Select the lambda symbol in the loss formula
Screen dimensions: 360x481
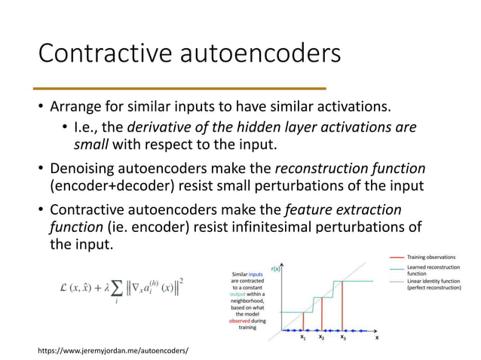(x=108, y=287)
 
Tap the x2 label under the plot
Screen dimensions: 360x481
(x=322, y=338)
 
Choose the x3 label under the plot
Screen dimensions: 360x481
(x=343, y=338)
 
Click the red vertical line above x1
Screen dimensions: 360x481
(x=304, y=322)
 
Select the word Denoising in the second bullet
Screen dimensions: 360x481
(x=84, y=167)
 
